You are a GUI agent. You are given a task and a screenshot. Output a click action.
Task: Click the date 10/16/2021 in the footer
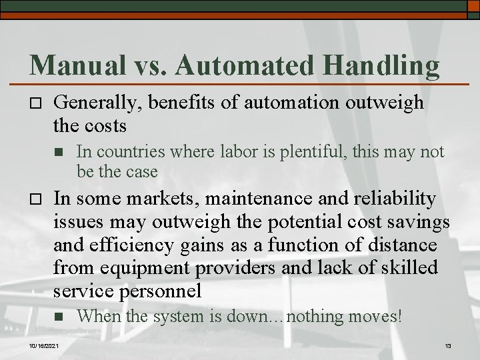coord(44,345)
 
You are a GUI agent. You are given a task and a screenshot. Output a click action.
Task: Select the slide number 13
coord(448,345)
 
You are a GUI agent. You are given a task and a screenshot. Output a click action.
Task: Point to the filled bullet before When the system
coord(60,317)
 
